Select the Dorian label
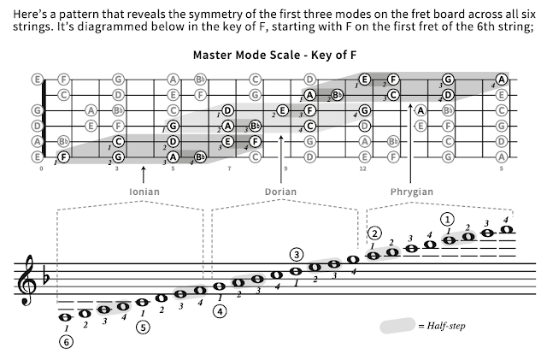click(280, 192)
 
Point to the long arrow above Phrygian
click(411, 154)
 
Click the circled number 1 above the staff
click(448, 219)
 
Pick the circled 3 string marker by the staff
click(296, 254)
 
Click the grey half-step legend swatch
click(398, 326)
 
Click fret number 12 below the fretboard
click(362, 168)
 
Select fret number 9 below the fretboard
click(285, 168)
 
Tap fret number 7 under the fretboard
click(229, 168)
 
